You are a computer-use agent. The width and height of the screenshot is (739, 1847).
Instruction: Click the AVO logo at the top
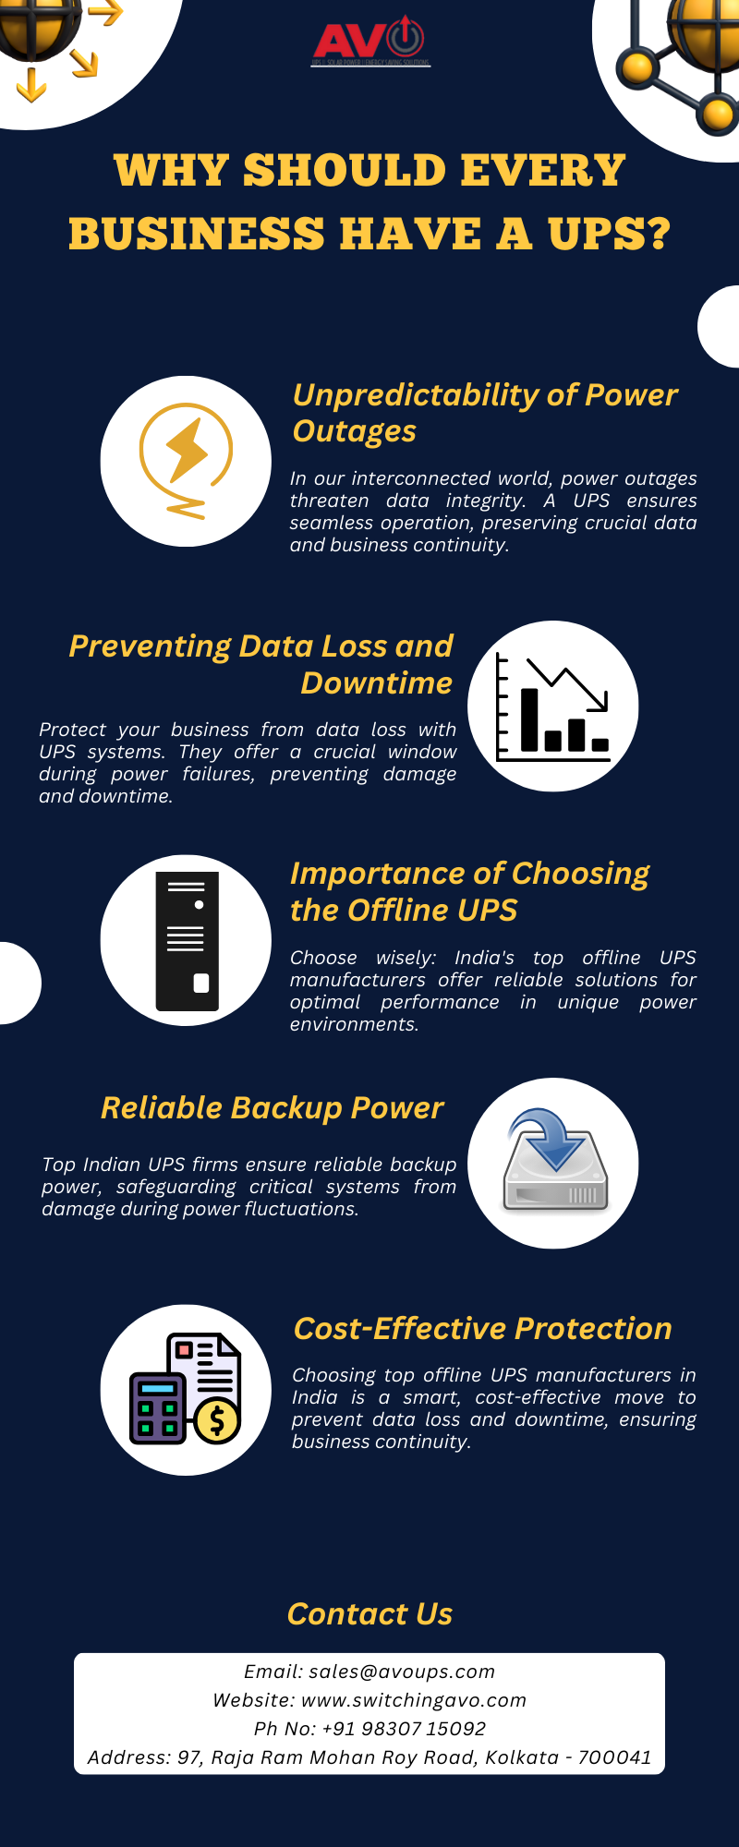coord(369,42)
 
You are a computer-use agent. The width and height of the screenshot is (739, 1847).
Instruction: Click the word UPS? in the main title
coord(609,234)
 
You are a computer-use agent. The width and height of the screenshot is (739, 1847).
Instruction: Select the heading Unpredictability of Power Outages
coord(484,413)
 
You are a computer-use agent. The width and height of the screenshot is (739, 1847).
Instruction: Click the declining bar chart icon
coord(552,706)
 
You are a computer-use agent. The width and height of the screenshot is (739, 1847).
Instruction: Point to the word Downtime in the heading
coord(377,683)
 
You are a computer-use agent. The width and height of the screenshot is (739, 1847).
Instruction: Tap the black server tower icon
coord(187,941)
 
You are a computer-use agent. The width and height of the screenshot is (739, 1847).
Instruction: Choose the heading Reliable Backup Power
coord(272,1108)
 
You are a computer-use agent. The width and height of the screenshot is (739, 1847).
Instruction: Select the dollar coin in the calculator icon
coord(218,1421)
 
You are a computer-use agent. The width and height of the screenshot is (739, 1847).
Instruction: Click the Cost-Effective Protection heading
coord(482,1329)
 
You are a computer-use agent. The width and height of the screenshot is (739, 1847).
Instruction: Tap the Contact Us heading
coord(369,1614)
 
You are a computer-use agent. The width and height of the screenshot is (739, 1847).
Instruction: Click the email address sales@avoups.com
coord(402,1672)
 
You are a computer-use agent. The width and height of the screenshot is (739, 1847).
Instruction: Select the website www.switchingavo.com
coord(414,1700)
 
